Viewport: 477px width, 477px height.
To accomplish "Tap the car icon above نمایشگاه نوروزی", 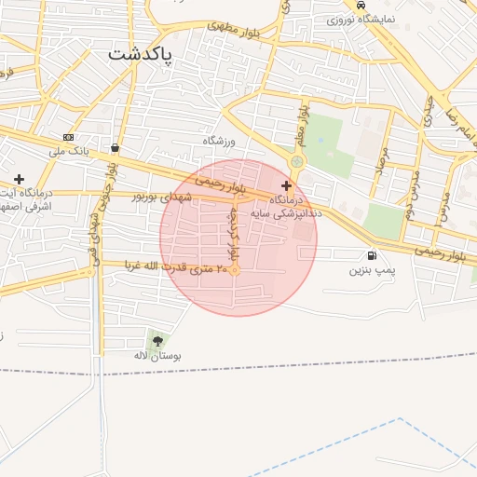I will (x=361, y=6).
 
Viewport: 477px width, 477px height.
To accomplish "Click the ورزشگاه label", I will (x=221, y=140).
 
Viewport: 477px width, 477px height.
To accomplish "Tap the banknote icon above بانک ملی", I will (x=68, y=137).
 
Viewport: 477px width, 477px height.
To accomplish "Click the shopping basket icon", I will (x=115, y=147).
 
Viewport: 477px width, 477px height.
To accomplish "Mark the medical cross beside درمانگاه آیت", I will (x=19, y=178).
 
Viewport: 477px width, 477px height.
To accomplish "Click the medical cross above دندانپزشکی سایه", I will (x=286, y=186).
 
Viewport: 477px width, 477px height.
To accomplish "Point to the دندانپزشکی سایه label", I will (x=295, y=212).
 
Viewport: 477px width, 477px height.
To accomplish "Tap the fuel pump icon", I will (x=373, y=255).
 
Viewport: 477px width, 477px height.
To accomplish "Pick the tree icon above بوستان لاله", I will (x=157, y=341).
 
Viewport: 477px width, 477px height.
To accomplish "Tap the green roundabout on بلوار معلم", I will (x=297, y=162).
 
